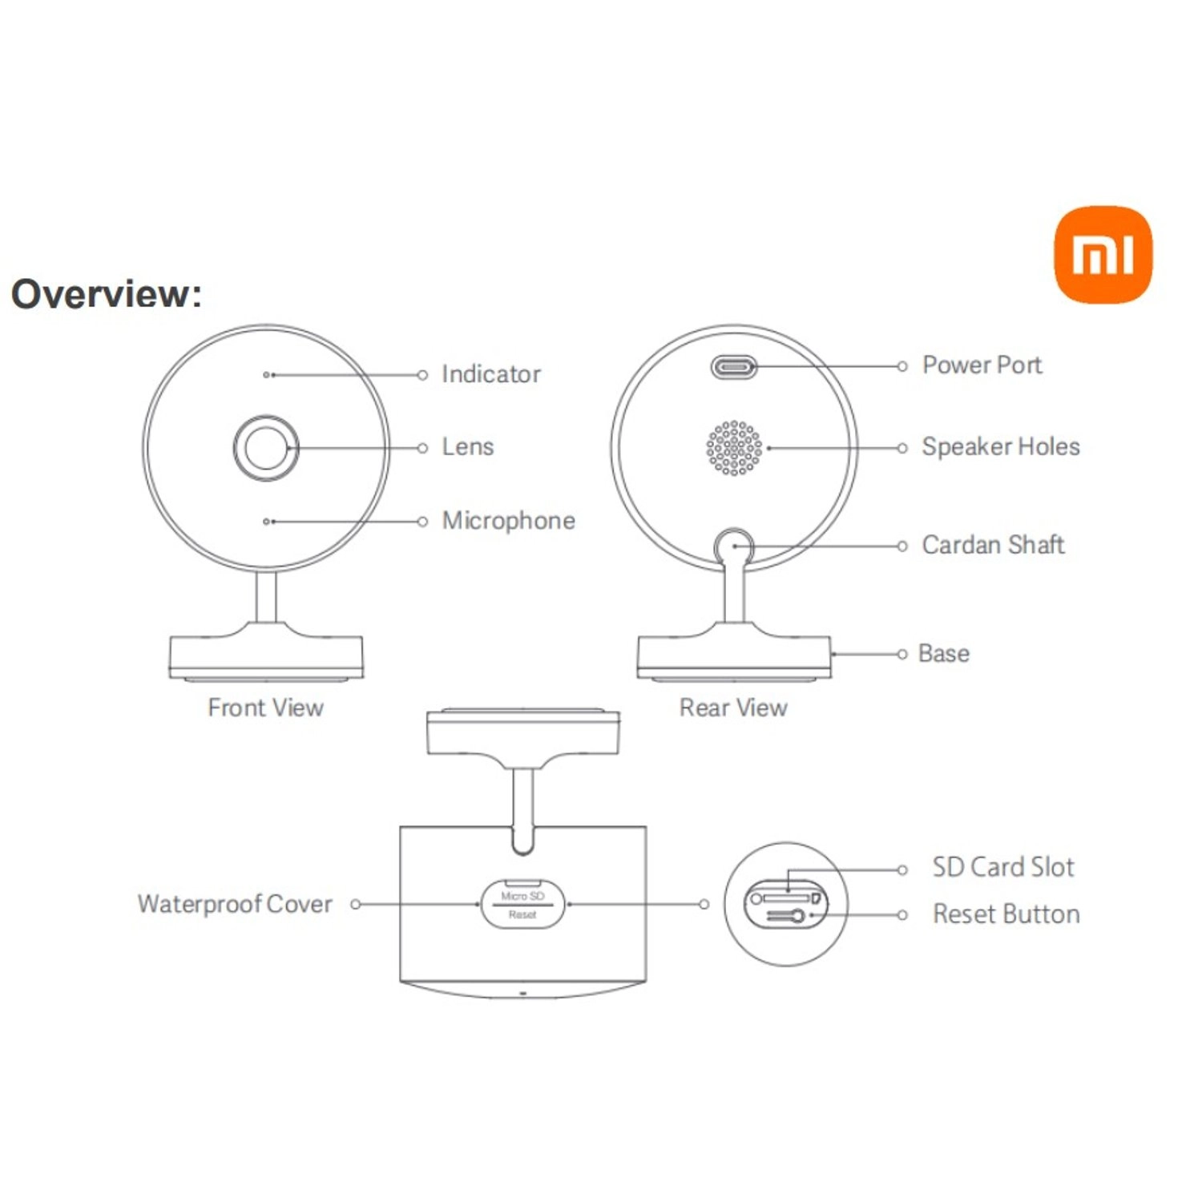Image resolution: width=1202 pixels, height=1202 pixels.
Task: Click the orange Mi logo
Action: point(1103,255)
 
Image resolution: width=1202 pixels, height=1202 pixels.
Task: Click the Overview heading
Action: point(106,293)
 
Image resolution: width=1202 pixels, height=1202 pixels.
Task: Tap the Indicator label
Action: point(490,374)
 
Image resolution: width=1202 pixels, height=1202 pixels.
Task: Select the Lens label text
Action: point(467,447)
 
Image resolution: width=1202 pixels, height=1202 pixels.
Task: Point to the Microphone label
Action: point(508,521)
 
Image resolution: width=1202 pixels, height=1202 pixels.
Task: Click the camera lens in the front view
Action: point(266,448)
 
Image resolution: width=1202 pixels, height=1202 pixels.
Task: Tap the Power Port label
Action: point(982,365)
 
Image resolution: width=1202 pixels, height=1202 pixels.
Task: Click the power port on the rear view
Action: point(733,368)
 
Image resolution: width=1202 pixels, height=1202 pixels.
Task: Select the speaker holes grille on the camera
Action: point(734,448)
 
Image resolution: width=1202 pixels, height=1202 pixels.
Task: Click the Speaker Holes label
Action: point(1000,447)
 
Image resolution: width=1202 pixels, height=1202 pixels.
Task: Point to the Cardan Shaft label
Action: point(993,546)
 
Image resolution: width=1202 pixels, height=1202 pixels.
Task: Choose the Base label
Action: point(943,654)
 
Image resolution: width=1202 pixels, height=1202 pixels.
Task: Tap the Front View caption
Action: point(265,708)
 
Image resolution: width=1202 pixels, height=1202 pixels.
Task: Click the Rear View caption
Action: point(733,708)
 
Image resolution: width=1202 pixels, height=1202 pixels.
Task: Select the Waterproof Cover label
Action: point(235,904)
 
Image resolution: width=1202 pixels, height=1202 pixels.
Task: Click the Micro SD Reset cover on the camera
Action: point(522,905)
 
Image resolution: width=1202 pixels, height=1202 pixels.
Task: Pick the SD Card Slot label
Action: point(1002,867)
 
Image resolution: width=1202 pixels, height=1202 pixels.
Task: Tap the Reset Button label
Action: point(1006,914)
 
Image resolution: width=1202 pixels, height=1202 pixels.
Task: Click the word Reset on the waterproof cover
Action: point(522,914)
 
